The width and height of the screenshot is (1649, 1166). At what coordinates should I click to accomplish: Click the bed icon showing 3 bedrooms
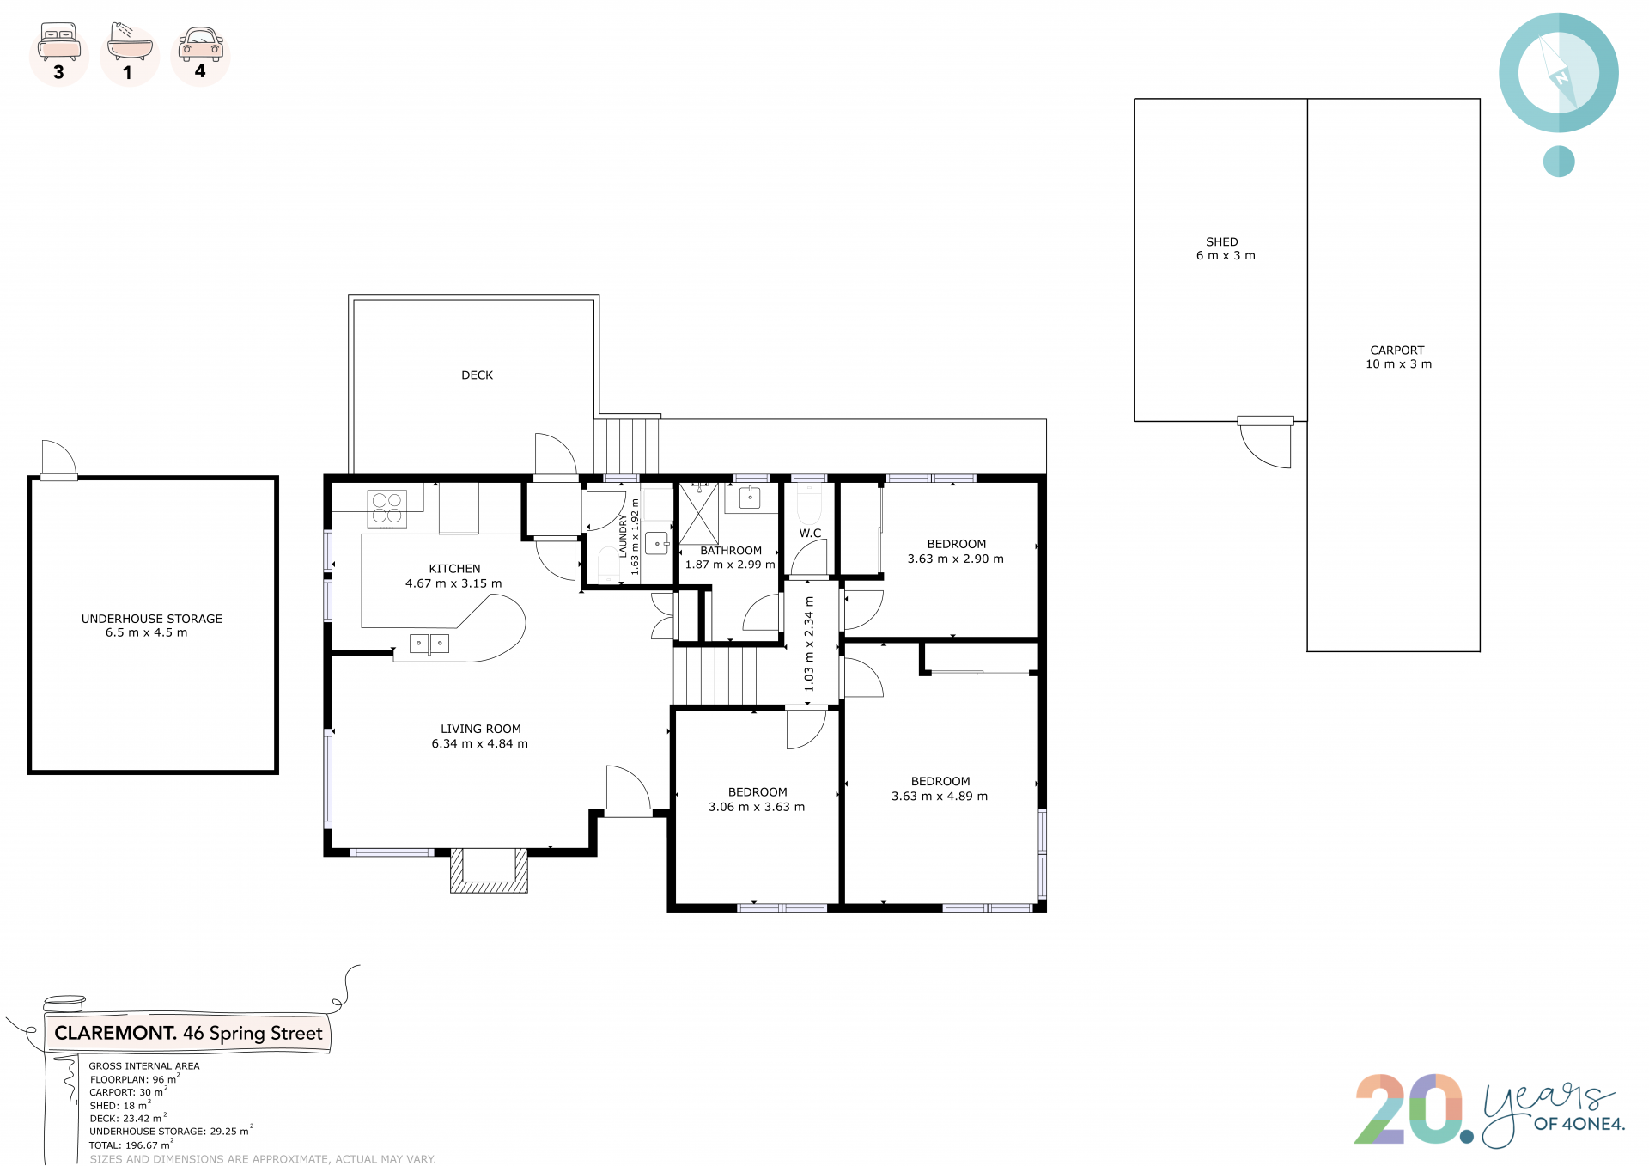59,42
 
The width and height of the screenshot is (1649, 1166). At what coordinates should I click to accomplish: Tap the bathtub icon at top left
130,40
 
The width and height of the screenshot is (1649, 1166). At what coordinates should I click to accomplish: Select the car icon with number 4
201,44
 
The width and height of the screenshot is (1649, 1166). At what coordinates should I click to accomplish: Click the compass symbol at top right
1559,73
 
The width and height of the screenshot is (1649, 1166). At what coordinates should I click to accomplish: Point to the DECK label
478,375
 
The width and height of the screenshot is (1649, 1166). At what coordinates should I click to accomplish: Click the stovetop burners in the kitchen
387,509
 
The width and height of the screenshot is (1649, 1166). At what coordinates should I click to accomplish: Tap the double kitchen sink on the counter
429,643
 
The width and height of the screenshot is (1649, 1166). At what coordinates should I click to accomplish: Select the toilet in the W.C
810,504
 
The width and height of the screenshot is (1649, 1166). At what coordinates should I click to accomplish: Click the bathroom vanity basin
750,498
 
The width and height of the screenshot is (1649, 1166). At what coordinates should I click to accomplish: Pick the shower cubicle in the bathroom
699,514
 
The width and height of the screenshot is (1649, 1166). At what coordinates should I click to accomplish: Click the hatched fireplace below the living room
490,870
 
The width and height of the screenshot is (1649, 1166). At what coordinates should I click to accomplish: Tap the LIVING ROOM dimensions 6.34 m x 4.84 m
480,744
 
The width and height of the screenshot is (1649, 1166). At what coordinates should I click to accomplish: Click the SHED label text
1222,242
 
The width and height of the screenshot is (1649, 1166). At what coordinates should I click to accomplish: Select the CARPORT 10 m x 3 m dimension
1399,364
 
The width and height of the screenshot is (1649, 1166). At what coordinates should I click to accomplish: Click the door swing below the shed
1265,443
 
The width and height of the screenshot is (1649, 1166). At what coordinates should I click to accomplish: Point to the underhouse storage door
58,460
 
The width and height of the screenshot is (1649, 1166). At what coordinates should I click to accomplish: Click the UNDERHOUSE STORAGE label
152,619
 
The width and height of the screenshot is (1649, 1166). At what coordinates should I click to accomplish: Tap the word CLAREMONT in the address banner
116,1033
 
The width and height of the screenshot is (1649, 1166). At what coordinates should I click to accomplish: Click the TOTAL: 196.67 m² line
131,1145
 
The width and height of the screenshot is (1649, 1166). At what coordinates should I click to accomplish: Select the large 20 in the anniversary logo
1409,1109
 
